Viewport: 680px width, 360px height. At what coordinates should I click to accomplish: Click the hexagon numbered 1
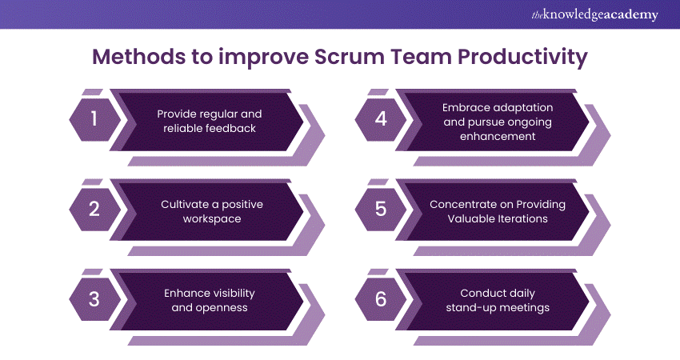[94, 120]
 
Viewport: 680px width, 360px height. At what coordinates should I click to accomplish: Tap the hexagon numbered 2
[94, 210]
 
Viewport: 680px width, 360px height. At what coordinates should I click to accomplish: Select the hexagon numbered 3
[94, 300]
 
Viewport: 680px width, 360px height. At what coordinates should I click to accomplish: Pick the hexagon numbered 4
[381, 120]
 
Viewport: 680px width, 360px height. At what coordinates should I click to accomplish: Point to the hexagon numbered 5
[381, 210]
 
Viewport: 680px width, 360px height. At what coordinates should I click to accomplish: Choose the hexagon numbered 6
[381, 300]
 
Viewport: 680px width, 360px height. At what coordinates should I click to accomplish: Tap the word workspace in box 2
[211, 218]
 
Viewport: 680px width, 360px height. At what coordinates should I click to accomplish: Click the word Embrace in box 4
[466, 107]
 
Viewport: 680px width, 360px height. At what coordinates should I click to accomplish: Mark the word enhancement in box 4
[498, 136]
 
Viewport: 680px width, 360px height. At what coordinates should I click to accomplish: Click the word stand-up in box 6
[474, 307]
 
